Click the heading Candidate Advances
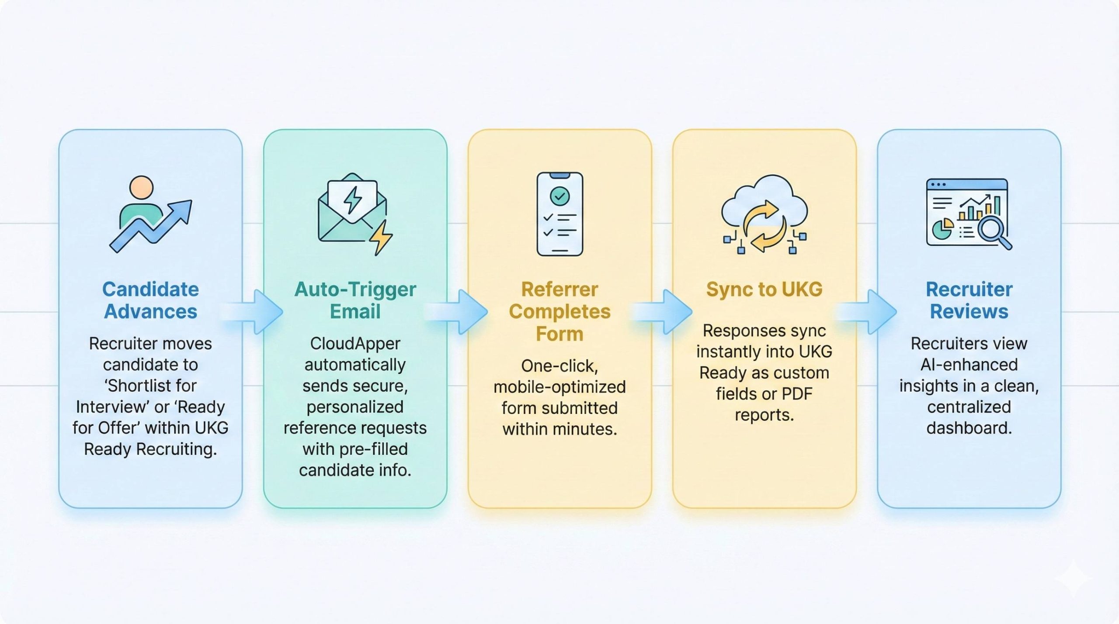[150, 300]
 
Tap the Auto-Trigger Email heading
[355, 300]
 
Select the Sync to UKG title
[764, 290]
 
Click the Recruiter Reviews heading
[969, 300]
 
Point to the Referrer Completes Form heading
[559, 311]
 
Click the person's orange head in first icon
[141, 188]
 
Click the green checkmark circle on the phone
[559, 196]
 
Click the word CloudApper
[355, 344]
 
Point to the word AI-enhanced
[969, 365]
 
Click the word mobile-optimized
[559, 387]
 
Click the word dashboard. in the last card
[969, 428]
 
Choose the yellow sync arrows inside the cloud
[764, 226]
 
